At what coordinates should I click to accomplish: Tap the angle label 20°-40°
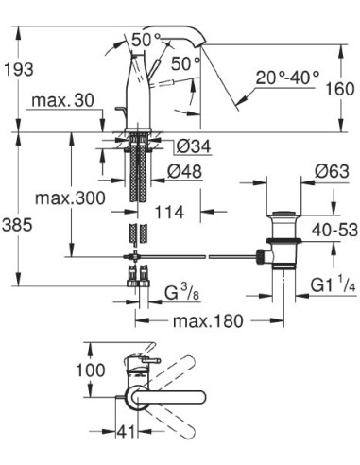point(289,76)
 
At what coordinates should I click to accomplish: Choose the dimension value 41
point(128,436)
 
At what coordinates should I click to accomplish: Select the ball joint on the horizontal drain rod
point(257,254)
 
